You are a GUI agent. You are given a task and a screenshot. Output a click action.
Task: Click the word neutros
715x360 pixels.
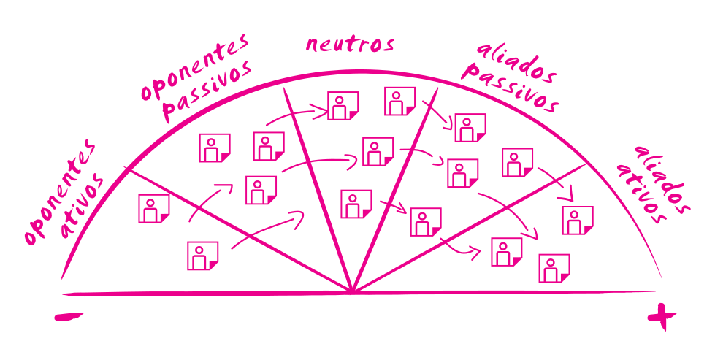[350, 44]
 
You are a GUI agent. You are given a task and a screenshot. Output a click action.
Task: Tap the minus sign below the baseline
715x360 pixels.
[69, 317]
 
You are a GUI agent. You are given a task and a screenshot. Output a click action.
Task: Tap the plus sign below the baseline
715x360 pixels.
[662, 317]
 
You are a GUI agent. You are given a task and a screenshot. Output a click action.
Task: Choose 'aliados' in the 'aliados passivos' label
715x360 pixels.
[516, 62]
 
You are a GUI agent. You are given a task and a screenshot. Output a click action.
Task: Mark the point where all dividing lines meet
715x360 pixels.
[353, 293]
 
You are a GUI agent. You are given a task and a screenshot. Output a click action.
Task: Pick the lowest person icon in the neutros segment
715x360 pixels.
[356, 204]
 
